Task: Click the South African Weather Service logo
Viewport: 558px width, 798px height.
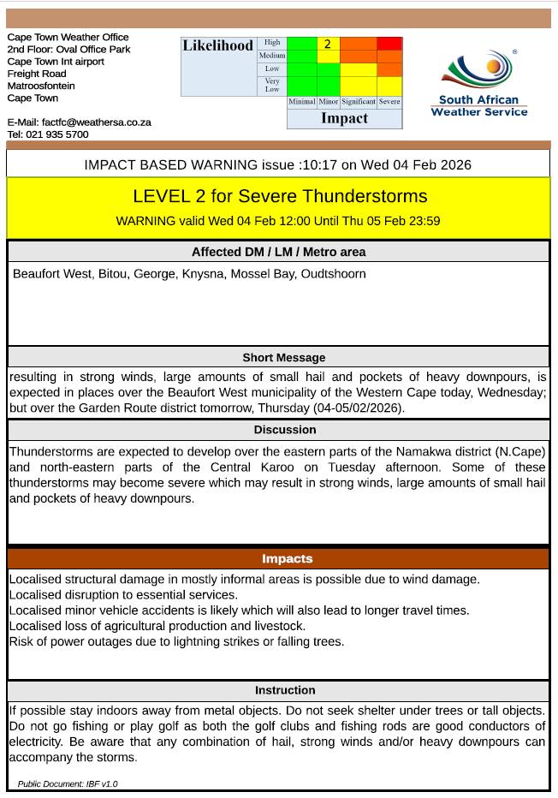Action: tap(478, 84)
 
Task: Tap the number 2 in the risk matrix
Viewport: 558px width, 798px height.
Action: tap(327, 44)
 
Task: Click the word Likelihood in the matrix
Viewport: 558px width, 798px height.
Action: tap(217, 45)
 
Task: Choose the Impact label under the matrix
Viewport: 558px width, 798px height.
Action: tap(344, 119)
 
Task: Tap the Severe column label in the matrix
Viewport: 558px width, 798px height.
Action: tap(389, 102)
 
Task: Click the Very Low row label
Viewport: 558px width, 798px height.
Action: tap(272, 86)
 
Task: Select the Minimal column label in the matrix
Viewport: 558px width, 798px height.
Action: tap(301, 102)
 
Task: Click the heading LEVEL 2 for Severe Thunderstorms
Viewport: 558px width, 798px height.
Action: tap(279, 196)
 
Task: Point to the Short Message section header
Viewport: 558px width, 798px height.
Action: tap(283, 358)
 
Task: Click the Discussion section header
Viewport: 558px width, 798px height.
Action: tap(285, 430)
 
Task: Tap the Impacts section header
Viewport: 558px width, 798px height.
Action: tap(287, 559)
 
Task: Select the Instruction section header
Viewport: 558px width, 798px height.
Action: tap(285, 690)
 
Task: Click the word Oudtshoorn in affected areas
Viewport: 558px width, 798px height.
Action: tap(333, 274)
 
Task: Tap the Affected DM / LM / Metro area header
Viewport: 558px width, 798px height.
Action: tap(278, 252)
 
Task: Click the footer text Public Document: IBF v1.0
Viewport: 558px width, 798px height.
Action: tap(68, 783)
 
